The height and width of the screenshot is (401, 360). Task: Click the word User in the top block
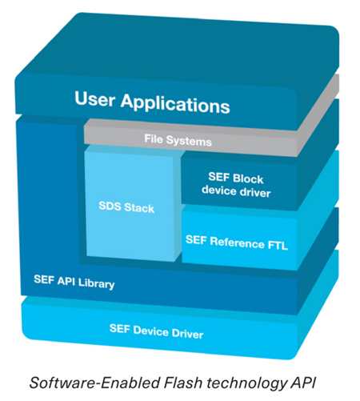coord(95,98)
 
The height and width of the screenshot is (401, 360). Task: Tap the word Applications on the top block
coord(175,104)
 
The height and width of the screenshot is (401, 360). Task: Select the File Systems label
coord(178,140)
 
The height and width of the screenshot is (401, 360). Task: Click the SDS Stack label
coord(126,207)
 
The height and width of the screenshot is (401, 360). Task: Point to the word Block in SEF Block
coord(248,178)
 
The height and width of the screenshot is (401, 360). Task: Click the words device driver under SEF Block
coord(236,191)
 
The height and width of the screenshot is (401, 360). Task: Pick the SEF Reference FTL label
coord(237,243)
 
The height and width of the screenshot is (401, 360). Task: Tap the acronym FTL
coord(278,245)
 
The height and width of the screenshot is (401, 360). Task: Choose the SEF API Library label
coord(74,282)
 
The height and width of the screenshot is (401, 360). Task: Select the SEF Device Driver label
coord(156,331)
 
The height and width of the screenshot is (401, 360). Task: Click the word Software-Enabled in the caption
coord(95,383)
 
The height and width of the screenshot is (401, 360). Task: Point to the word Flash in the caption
coord(183,383)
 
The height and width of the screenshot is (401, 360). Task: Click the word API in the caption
coord(302,383)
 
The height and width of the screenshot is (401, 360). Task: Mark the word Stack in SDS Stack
coord(139,207)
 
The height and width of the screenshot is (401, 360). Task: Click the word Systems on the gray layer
coord(192,141)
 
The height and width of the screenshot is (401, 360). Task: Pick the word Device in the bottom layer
coord(150,331)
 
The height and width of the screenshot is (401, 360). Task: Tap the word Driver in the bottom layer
coord(187,334)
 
